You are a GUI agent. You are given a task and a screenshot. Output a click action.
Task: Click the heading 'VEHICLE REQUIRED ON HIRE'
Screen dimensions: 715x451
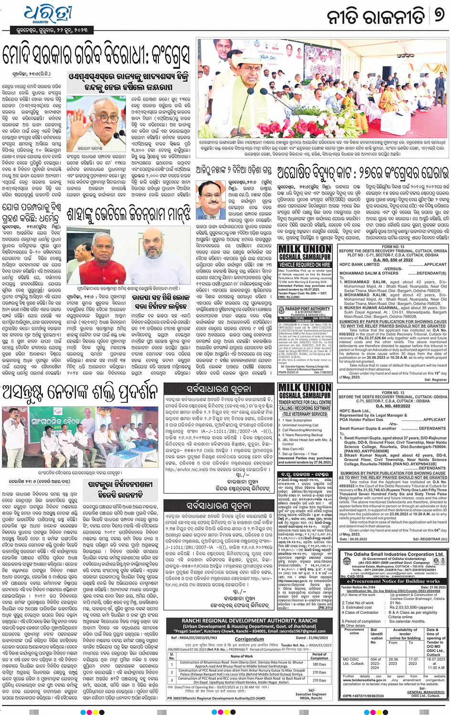(305, 264)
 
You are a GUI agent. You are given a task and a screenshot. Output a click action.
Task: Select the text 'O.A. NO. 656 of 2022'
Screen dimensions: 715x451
(393, 260)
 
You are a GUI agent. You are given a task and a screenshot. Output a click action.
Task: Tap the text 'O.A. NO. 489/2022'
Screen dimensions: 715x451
(393, 406)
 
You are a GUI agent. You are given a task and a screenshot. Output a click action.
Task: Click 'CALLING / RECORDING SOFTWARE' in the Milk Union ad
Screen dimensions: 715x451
(305, 409)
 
